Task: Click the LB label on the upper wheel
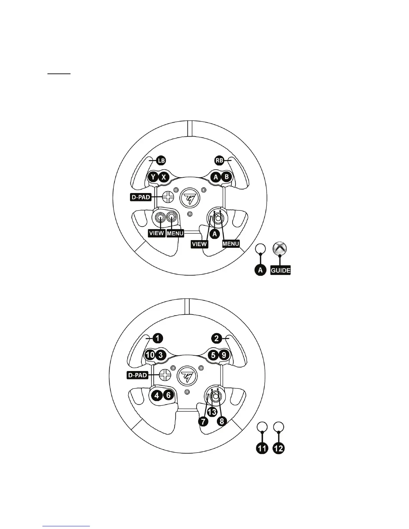point(161,160)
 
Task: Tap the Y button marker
point(153,177)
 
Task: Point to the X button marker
point(163,177)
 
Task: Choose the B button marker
point(227,177)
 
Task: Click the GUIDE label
point(280,270)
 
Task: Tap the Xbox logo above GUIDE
point(279,249)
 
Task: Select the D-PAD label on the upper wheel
point(140,197)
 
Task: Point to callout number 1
point(158,338)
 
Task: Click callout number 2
point(217,338)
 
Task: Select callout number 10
point(150,355)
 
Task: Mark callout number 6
point(168,395)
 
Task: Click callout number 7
point(203,421)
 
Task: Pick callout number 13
point(212,412)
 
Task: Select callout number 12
point(279,448)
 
